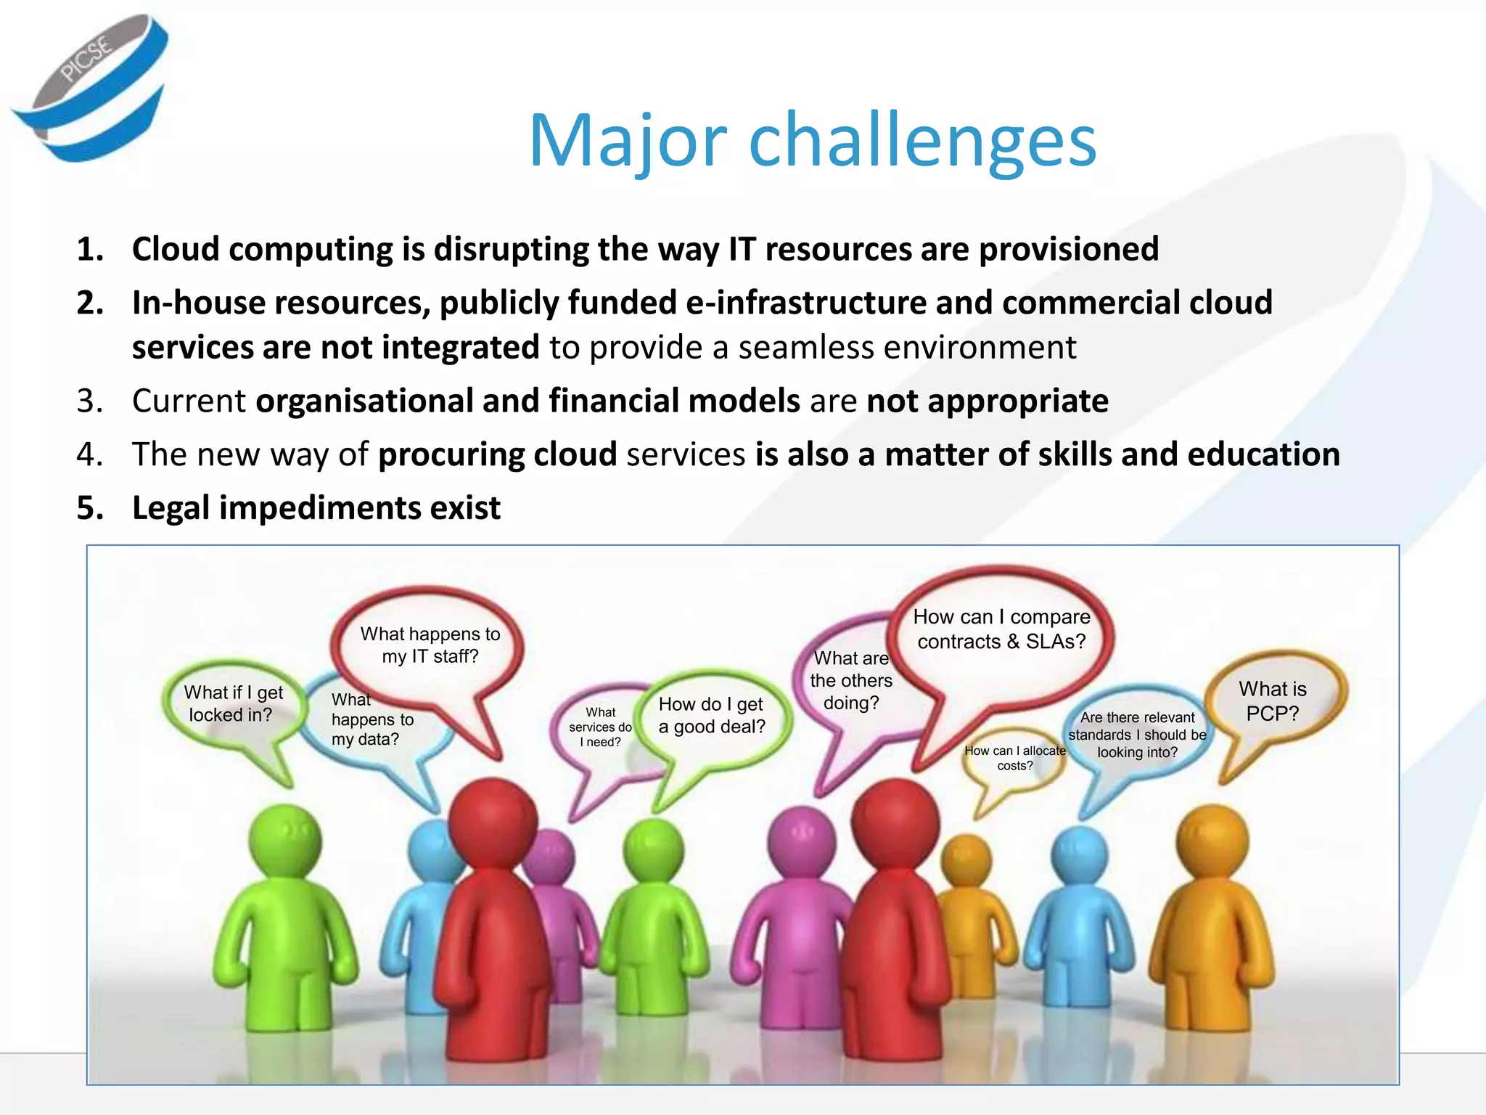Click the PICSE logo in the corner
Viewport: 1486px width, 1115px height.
[91, 87]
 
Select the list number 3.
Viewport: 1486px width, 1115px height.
[89, 401]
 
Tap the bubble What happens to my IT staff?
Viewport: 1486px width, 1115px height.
[430, 645]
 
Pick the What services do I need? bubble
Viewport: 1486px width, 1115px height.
[600, 727]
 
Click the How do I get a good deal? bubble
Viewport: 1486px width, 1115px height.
[712, 715]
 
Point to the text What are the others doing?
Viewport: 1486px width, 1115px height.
[850, 680]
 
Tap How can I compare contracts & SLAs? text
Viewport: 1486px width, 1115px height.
[1001, 629]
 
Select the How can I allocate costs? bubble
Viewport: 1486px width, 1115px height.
[1014, 759]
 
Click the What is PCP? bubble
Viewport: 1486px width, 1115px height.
[1272, 701]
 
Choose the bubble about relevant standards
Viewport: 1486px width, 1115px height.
[1137, 735]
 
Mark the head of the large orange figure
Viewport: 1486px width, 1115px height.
[1211, 842]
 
